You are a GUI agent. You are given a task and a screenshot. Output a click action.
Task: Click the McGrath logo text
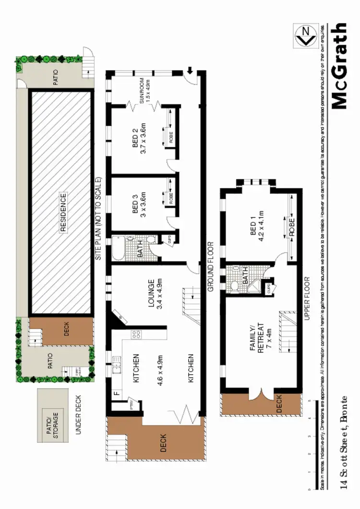339,66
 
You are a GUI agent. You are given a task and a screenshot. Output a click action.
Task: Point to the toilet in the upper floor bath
235,286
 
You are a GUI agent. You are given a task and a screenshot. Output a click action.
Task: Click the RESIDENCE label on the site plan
63,213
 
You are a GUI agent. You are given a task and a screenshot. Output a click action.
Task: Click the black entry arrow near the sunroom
191,71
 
